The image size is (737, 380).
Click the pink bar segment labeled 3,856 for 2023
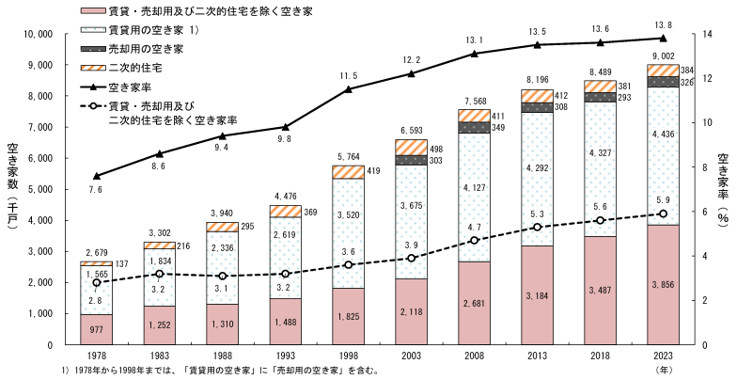coord(663,284)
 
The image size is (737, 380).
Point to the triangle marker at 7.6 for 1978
coord(97,176)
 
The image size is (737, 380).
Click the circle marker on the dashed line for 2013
coord(537,227)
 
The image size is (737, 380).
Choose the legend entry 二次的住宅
coord(136,67)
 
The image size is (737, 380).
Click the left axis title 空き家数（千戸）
coord(12,188)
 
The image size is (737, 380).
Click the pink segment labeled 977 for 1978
coord(97,329)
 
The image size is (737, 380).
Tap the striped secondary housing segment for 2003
coord(412,147)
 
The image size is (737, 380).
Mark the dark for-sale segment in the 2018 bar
coord(600,97)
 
